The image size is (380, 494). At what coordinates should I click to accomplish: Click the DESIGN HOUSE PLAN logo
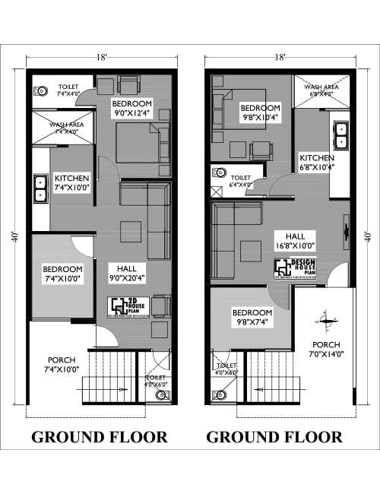tap(295, 268)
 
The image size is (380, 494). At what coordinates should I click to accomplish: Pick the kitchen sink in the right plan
tap(340, 135)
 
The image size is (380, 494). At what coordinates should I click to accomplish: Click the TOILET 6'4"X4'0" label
tap(242, 180)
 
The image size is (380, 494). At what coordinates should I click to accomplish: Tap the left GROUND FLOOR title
tap(99, 437)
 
